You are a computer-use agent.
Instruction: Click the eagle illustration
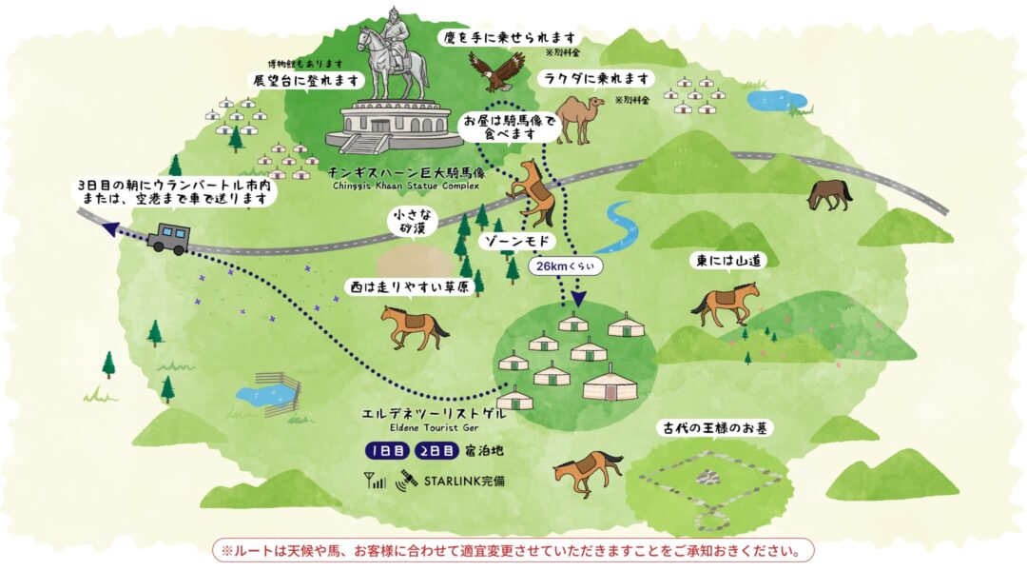pyautogui.click(x=495, y=69)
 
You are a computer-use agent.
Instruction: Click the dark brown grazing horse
pyautogui.click(x=829, y=193)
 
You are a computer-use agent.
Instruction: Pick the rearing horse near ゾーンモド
pyautogui.click(x=532, y=190)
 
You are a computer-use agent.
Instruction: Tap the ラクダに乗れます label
pyautogui.click(x=596, y=78)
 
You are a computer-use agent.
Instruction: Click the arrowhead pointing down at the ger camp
pyautogui.click(x=578, y=298)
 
